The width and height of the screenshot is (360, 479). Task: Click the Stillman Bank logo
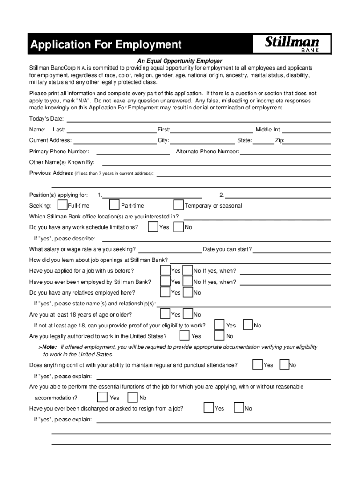pos(292,45)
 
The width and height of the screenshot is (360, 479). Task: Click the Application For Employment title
pos(106,45)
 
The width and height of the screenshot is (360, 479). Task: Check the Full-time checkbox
pos(62,205)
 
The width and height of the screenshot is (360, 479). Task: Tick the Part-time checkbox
pos(114,205)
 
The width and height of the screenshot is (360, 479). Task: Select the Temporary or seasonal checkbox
pos(179,205)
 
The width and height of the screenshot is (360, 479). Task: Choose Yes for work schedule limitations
pos(153,227)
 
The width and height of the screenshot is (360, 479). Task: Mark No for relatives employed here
pos(187,292)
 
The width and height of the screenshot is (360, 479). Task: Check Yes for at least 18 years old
pos(166,314)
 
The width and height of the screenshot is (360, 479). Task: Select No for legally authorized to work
pos(219,336)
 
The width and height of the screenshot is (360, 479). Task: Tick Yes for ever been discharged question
pos(209,408)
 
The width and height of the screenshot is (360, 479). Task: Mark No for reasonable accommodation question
pos(132,398)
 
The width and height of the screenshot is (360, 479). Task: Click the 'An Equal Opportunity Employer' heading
pos(180,61)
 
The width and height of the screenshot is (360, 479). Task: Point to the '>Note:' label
pos(47,347)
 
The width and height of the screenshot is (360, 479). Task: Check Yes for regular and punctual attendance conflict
pos(258,364)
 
